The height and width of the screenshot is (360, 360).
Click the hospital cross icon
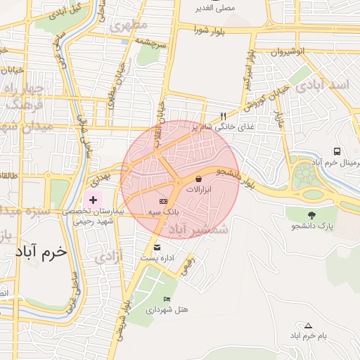(93, 200)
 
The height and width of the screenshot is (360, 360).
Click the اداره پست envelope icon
(156, 246)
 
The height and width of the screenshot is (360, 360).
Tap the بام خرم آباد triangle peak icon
(308, 325)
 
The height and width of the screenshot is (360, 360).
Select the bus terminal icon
(337, 151)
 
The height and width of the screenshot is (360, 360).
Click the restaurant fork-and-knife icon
(224, 116)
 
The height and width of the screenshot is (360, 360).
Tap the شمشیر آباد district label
(200, 229)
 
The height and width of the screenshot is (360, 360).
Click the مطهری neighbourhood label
(129, 26)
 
